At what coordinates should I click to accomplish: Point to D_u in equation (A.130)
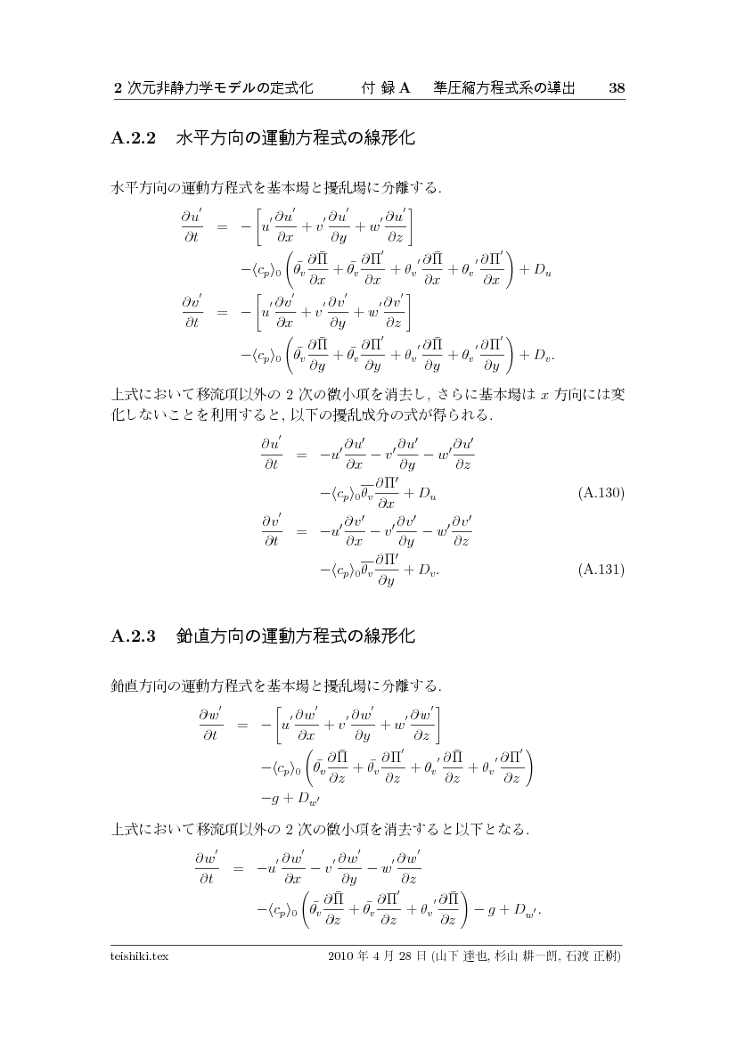(425, 492)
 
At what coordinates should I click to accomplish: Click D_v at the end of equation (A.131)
(425, 568)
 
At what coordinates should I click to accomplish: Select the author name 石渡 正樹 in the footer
(592, 956)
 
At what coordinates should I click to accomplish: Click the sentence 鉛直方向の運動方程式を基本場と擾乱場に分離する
(276, 685)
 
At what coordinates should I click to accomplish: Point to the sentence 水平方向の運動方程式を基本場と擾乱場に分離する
(276, 188)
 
